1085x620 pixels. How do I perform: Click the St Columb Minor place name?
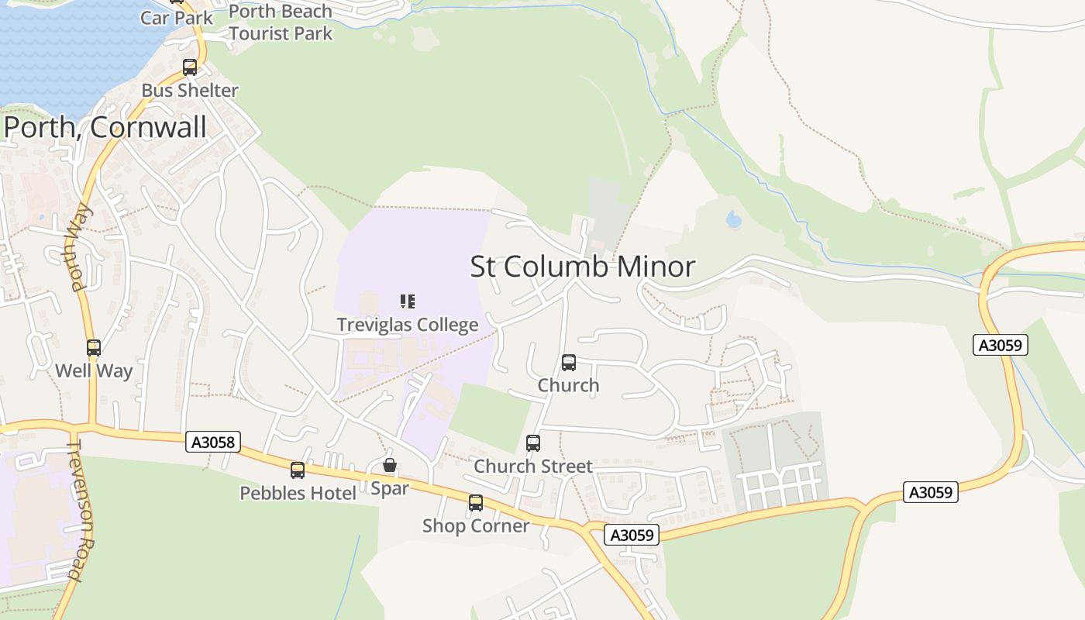click(582, 267)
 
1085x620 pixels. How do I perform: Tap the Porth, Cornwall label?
click(105, 127)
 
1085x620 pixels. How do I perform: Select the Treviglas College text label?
click(408, 324)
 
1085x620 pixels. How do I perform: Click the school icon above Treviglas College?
click(408, 301)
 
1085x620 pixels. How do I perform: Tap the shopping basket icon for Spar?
click(390, 465)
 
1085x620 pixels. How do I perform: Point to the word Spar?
click(389, 488)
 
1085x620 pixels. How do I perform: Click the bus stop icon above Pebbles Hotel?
click(298, 470)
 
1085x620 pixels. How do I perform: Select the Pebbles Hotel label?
click(298, 493)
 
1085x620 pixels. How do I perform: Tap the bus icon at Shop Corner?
click(476, 502)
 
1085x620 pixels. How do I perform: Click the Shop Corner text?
click(476, 525)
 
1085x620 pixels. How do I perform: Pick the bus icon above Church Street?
click(533, 443)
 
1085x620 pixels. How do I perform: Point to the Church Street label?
click(533, 466)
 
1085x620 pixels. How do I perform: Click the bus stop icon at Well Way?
click(94, 348)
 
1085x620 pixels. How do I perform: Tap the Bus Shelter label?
click(190, 90)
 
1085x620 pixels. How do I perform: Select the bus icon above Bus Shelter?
click(190, 67)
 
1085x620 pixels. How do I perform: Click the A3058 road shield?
click(214, 442)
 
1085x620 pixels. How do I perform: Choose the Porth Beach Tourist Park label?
click(281, 22)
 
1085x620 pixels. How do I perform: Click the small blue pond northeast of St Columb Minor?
click(733, 220)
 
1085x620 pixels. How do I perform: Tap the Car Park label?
click(177, 17)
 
